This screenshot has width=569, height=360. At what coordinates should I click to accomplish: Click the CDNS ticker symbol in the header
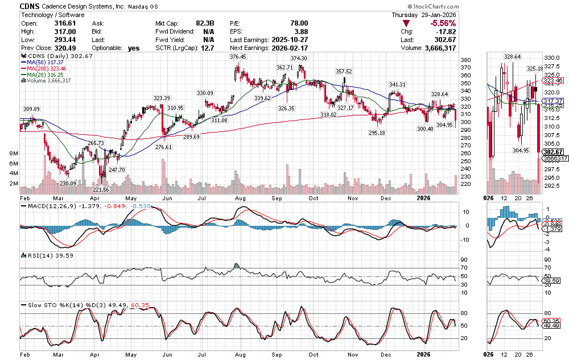(x=30, y=6)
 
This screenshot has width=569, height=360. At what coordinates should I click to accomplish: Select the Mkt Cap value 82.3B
(x=205, y=23)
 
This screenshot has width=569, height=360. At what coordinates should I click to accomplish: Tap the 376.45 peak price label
(x=238, y=57)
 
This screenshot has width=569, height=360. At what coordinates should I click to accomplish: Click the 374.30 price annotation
(x=299, y=59)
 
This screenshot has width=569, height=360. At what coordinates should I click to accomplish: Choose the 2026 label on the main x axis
(x=422, y=353)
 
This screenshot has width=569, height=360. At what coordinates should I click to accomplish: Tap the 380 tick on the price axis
(x=465, y=60)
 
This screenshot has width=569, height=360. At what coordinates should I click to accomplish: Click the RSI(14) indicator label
(x=35, y=256)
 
